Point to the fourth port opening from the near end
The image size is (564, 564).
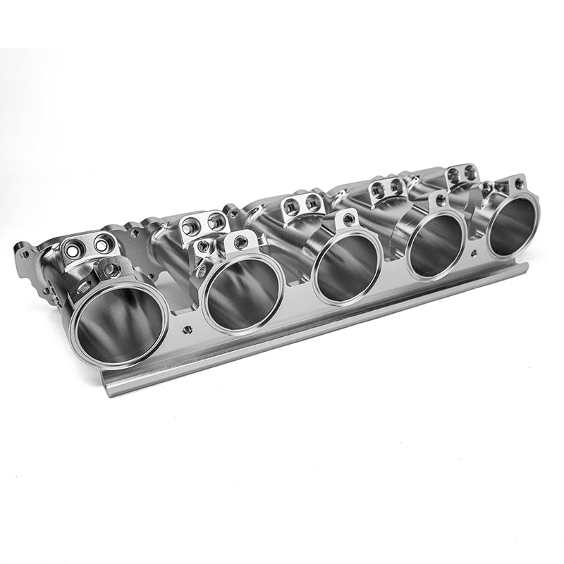[435, 243]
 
